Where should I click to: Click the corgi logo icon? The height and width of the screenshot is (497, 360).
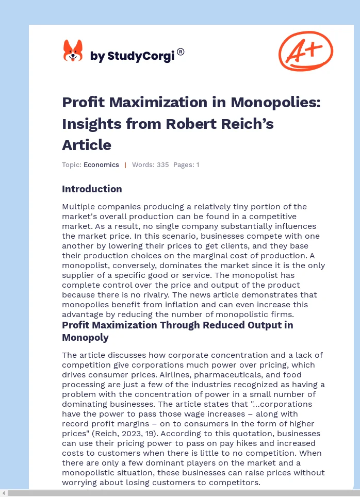tap(73, 51)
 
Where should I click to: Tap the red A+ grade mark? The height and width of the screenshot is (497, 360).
tap(306, 51)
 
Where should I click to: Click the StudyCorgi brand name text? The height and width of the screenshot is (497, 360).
tap(133, 56)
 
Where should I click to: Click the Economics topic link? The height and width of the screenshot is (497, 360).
tap(101, 165)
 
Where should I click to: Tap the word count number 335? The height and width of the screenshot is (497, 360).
tap(162, 165)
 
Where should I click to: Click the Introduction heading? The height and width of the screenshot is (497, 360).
tap(92, 189)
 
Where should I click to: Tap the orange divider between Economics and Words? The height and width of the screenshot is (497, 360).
tap(125, 165)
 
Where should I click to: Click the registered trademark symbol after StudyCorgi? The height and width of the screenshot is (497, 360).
tap(181, 52)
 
